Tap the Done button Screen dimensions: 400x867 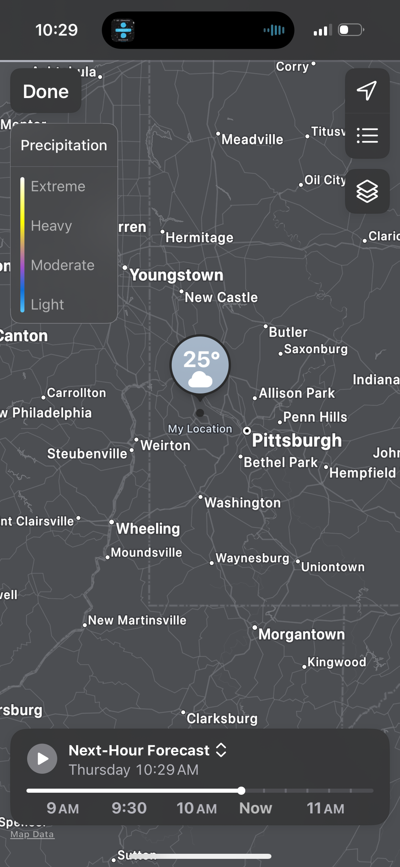click(46, 92)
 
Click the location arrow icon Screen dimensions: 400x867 click(367, 91)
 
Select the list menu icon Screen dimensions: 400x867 click(367, 135)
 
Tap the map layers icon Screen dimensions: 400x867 click(367, 191)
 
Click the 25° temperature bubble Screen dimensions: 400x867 click(200, 365)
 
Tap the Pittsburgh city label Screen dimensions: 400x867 click(297, 440)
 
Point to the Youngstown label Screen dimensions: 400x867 click(176, 275)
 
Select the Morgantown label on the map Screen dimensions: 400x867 click(301, 634)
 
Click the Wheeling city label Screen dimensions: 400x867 click(148, 528)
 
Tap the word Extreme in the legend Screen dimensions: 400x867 click(58, 186)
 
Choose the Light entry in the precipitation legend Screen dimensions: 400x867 click(47, 304)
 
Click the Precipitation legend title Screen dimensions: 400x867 click(64, 145)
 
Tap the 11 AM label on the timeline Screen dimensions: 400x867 click(325, 808)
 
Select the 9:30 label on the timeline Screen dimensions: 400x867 click(129, 808)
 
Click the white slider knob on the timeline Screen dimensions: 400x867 click(241, 791)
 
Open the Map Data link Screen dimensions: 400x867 click(32, 834)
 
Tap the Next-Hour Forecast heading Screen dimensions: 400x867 click(139, 750)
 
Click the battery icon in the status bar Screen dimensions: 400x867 click(351, 30)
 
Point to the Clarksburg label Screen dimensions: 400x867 click(222, 718)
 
